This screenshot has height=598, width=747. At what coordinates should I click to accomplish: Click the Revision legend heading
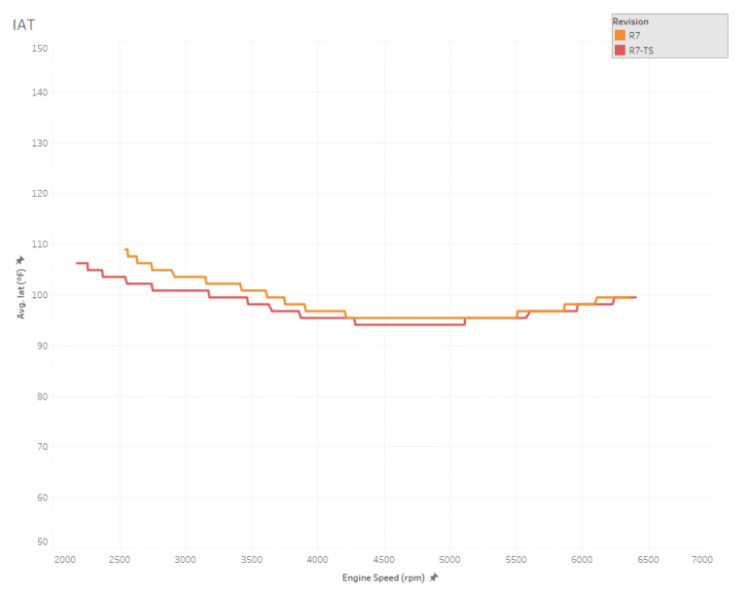630,21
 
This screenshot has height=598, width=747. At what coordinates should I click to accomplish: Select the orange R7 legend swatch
620,35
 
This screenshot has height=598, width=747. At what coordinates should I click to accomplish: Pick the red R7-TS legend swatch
620,49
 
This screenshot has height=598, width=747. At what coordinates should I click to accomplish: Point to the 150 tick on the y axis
39,47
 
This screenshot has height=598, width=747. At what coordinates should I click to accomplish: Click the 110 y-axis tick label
39,243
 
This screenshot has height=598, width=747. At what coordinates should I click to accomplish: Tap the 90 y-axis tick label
41,345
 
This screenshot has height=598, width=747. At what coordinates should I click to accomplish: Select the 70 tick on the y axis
41,446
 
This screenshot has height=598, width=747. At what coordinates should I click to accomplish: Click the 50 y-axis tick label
41,542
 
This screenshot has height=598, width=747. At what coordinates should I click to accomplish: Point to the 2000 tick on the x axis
65,560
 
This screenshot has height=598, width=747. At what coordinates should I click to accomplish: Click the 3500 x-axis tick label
252,560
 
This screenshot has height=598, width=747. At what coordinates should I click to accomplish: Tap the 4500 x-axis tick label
383,560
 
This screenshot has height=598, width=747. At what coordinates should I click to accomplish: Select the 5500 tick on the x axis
516,560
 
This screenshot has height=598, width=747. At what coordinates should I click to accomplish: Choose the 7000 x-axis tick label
702,560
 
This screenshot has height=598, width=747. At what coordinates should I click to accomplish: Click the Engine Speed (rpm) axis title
383,578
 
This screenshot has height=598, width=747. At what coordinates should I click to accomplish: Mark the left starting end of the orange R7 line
125,249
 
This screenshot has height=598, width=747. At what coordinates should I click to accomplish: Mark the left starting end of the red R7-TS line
77,263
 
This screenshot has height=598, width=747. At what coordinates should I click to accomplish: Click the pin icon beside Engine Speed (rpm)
434,578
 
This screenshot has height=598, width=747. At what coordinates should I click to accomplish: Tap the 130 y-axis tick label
39,142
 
